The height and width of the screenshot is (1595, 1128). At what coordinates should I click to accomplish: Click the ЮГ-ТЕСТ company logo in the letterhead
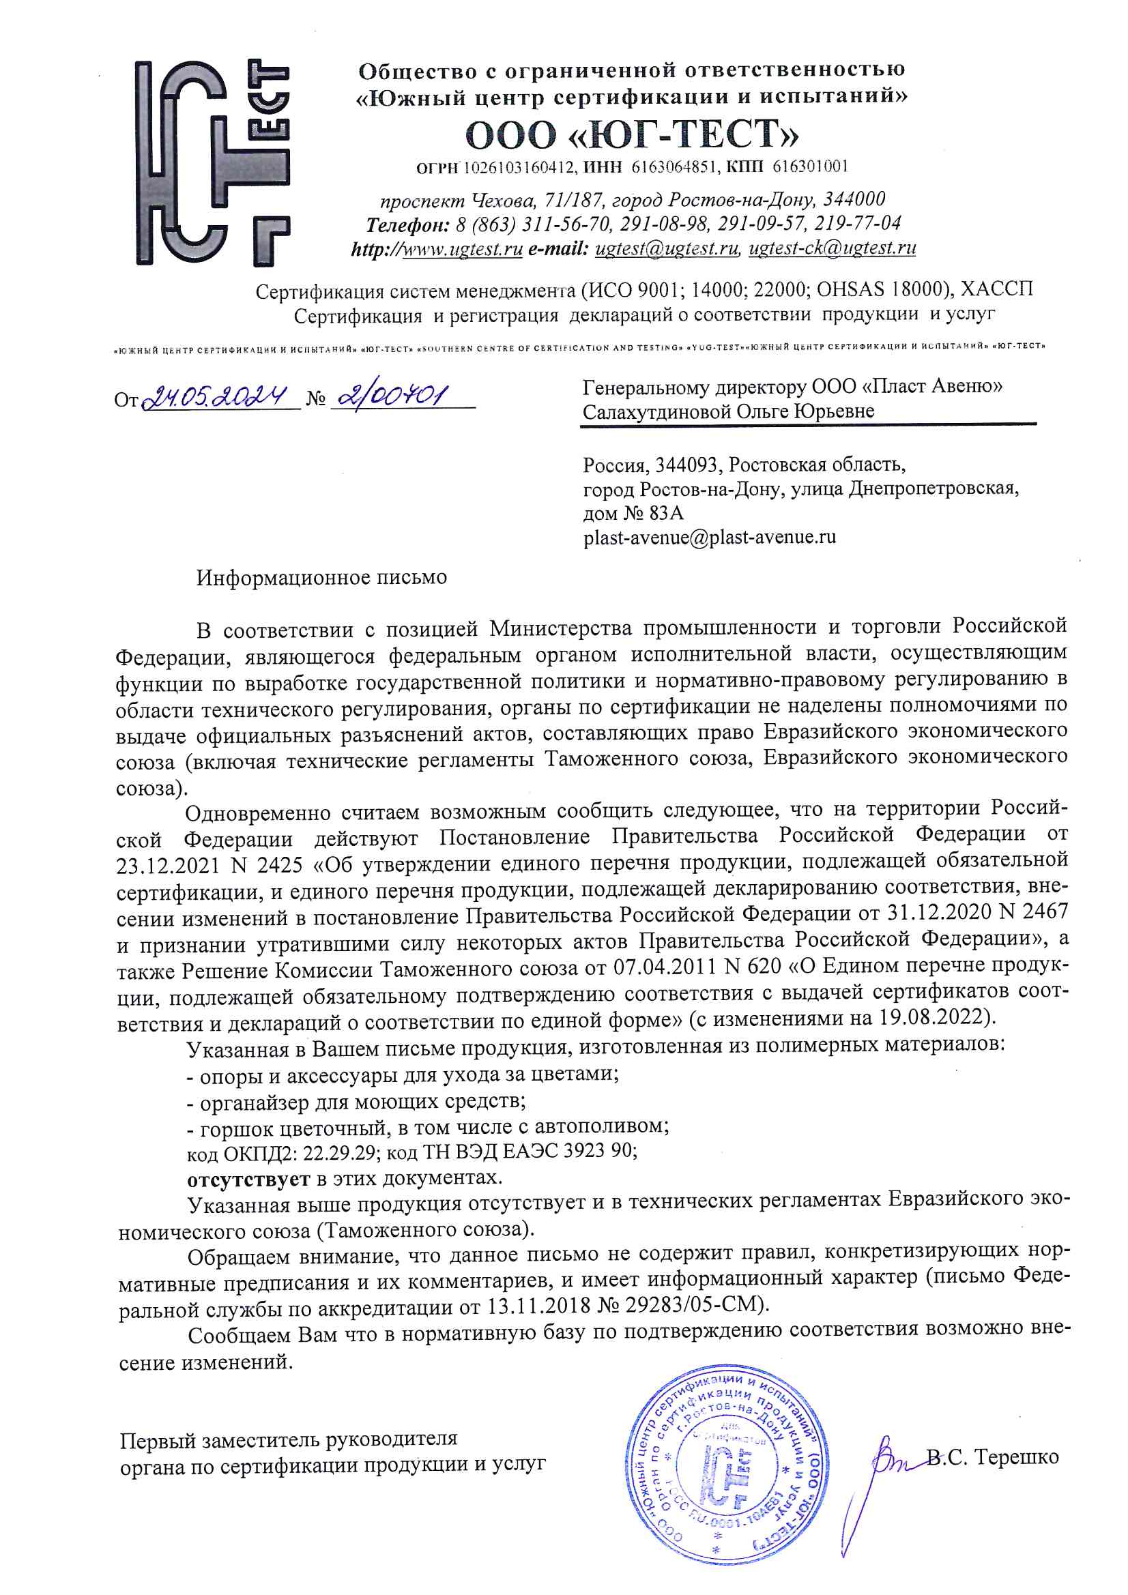(x=212, y=163)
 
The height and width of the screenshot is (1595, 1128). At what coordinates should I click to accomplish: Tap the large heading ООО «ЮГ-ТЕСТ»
(x=632, y=135)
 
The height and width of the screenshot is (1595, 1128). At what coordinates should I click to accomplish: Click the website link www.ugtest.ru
(x=462, y=249)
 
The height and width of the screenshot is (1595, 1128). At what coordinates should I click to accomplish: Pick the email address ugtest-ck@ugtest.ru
(x=832, y=248)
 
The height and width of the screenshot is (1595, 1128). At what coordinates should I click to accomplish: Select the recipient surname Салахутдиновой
(x=656, y=412)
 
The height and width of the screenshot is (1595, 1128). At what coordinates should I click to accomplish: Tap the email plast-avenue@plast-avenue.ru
(x=710, y=537)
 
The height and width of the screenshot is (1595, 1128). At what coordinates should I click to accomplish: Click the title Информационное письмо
(x=321, y=577)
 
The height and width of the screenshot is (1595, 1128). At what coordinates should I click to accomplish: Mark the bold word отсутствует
(x=249, y=1178)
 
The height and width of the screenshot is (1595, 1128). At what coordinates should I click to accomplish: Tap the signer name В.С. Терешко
(x=993, y=1456)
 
